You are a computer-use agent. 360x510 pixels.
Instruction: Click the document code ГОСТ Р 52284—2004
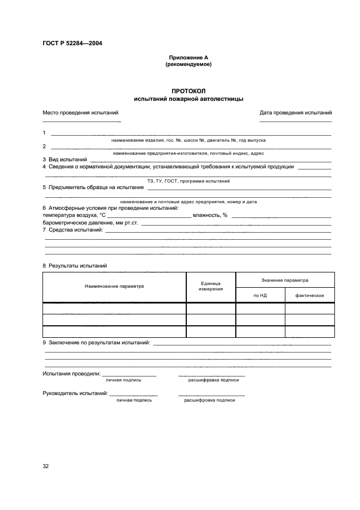(x=72, y=43)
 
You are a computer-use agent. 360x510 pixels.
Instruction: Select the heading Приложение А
(x=188, y=57)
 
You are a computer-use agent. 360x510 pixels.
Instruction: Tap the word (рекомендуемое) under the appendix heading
(x=188, y=64)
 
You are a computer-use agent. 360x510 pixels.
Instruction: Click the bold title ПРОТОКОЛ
(x=188, y=91)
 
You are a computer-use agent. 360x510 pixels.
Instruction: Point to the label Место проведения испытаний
(x=81, y=113)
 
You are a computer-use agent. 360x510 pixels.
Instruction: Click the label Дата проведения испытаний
(x=296, y=113)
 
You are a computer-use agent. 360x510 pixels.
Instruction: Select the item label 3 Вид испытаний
(x=65, y=159)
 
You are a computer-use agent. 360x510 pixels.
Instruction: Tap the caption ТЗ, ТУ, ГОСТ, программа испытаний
(x=188, y=180)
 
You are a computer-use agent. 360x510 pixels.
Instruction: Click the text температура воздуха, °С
(x=74, y=215)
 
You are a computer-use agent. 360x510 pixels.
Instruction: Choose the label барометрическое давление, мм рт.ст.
(x=90, y=223)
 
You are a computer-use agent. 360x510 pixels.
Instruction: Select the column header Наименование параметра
(x=114, y=286)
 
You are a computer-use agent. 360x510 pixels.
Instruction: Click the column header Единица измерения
(x=210, y=286)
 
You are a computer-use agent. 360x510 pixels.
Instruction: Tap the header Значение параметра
(x=285, y=280)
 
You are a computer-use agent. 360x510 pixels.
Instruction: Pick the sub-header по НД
(x=260, y=295)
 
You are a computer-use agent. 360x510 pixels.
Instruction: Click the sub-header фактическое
(x=310, y=295)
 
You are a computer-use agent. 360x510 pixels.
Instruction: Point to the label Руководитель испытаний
(x=75, y=393)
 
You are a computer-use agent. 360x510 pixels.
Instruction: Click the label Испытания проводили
(x=71, y=374)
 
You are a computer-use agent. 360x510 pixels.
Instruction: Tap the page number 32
(x=46, y=466)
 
